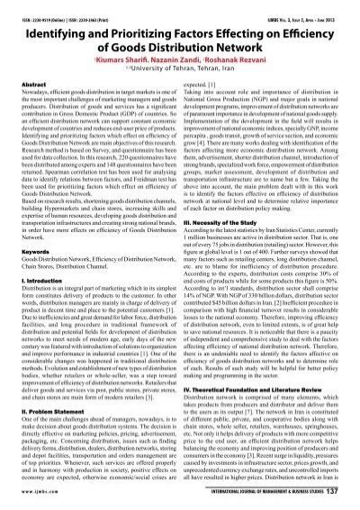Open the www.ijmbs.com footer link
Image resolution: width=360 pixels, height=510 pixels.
pyautogui.click(x=34, y=490)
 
